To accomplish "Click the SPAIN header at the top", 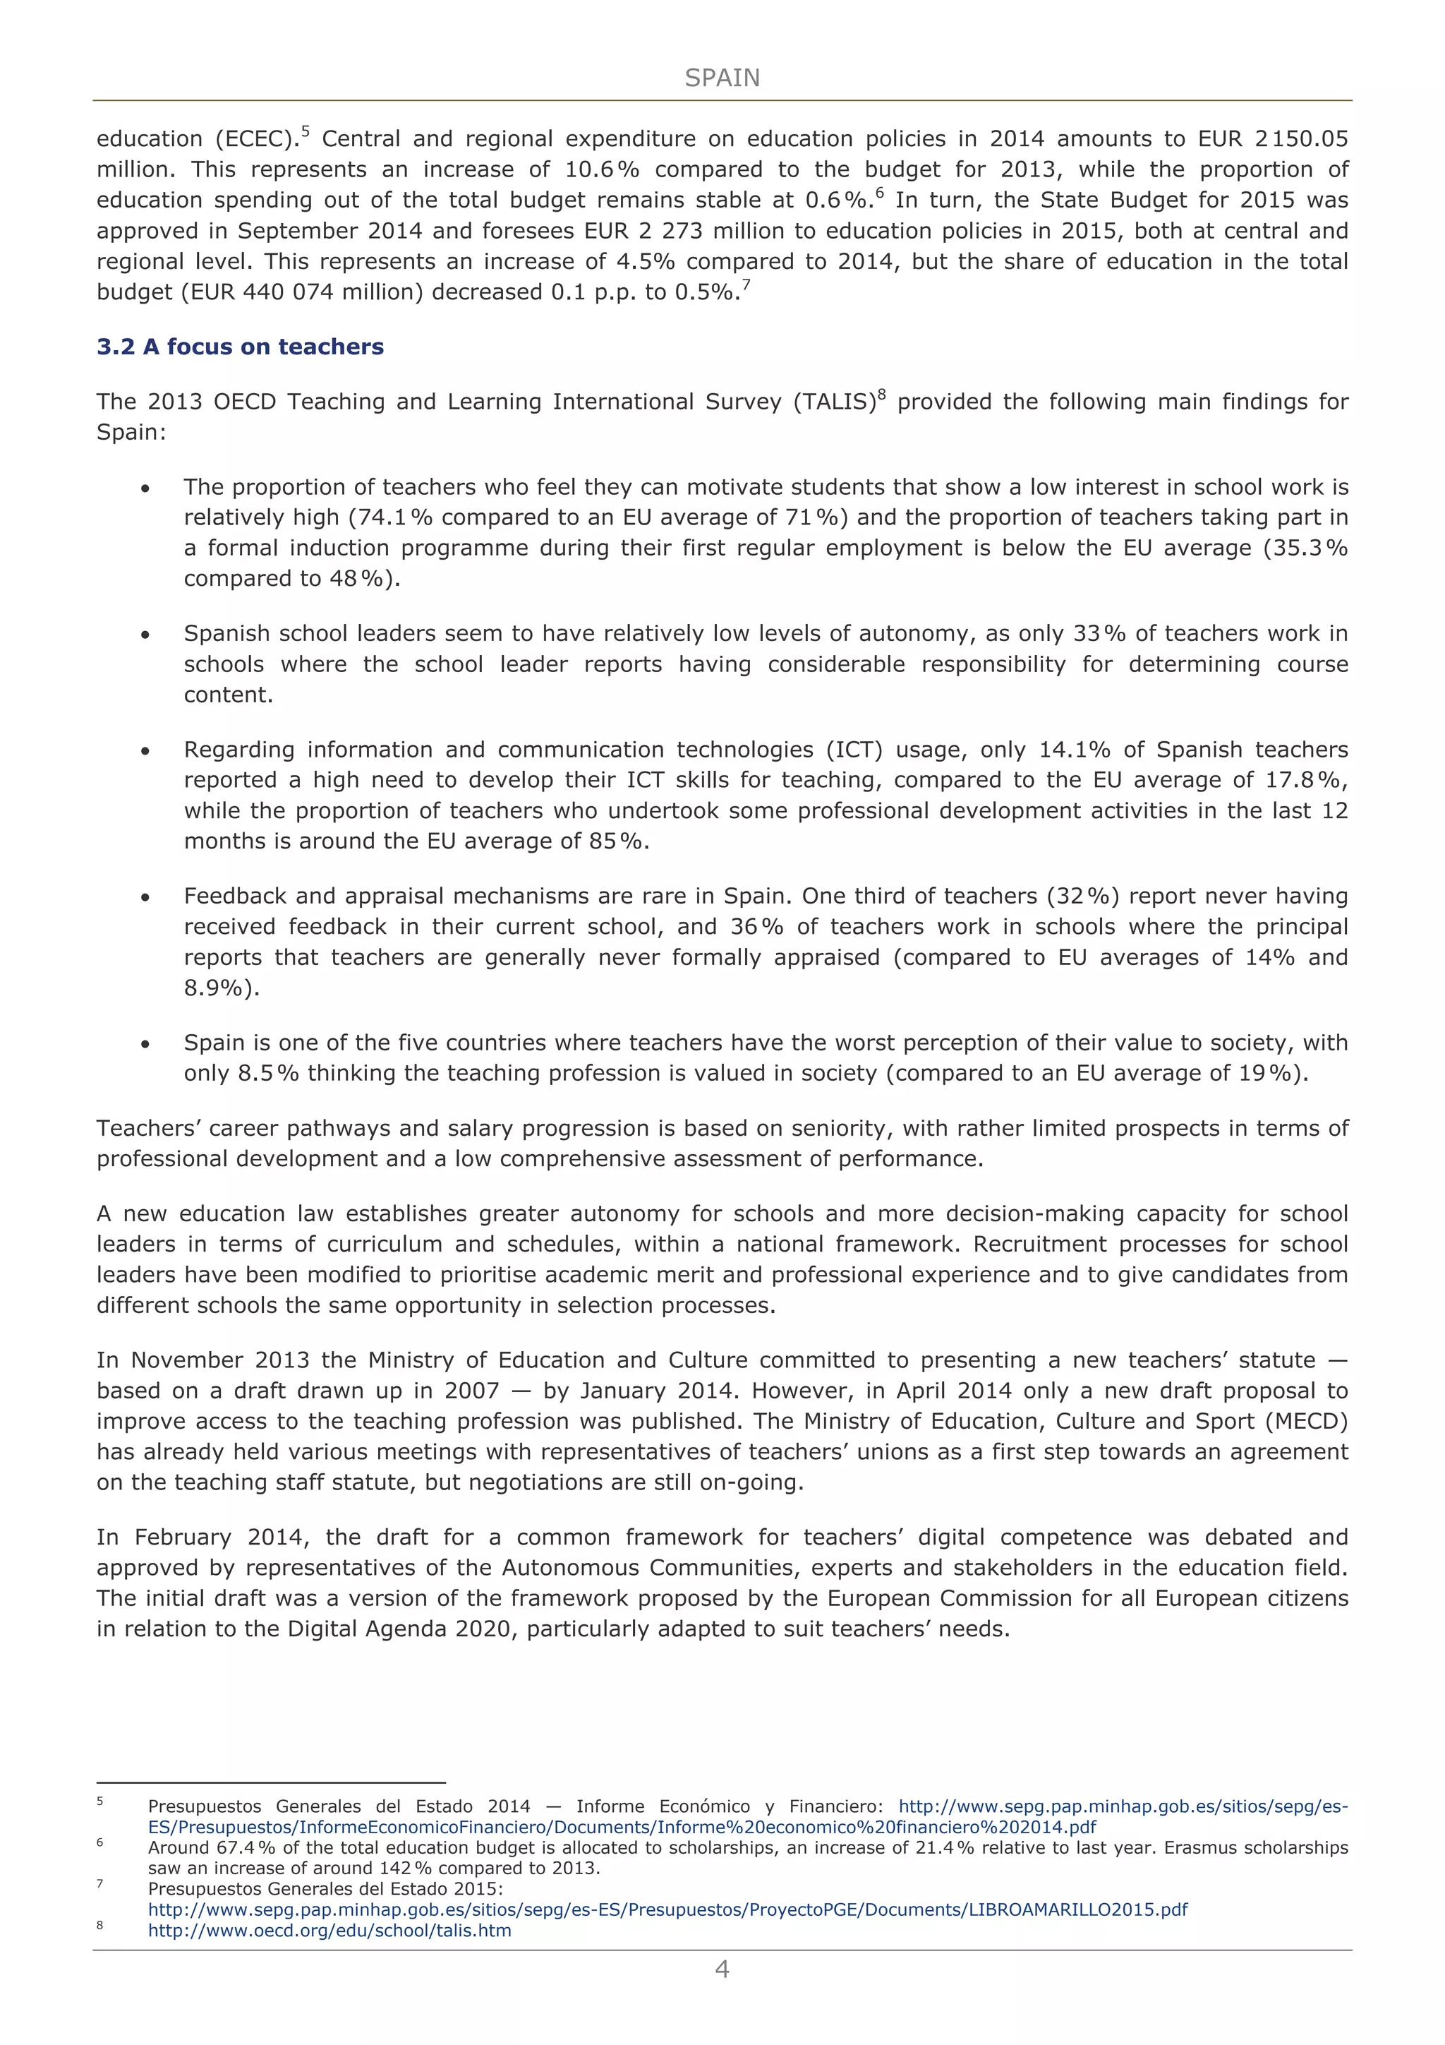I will point(722,78).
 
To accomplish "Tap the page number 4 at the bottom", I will point(722,1969).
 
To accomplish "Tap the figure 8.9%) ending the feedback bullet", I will point(222,988).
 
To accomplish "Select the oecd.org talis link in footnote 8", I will point(329,1931).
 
